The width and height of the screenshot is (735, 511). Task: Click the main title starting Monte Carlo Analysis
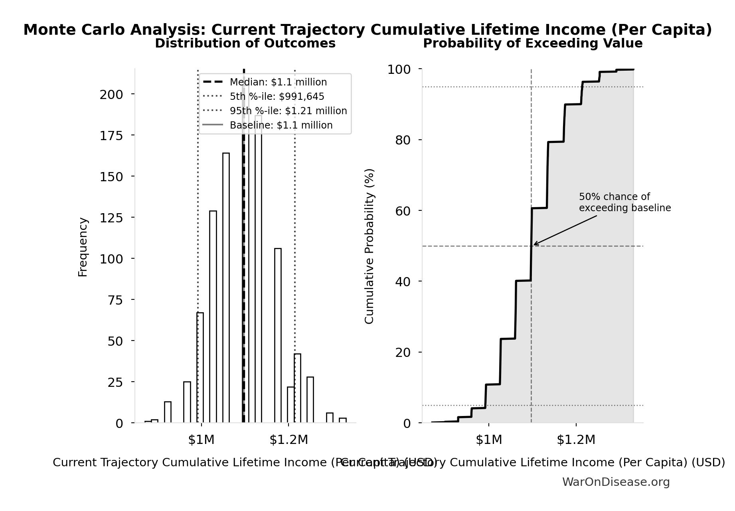[x=367, y=30]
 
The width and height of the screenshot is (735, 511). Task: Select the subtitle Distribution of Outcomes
[x=245, y=44]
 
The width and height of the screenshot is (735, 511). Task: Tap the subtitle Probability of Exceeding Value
[x=532, y=44]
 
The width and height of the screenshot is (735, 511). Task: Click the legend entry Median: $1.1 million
[x=278, y=82]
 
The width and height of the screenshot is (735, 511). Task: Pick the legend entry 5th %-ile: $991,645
[x=277, y=97]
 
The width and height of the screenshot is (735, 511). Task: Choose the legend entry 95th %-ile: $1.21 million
[x=288, y=111]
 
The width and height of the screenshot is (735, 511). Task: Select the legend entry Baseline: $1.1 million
[x=281, y=125]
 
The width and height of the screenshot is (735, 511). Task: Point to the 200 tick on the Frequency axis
[x=111, y=95]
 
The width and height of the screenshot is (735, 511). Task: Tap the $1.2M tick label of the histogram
[x=288, y=440]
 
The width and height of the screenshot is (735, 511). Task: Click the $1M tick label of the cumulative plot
[x=488, y=440]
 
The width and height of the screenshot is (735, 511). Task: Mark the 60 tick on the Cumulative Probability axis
[x=403, y=211]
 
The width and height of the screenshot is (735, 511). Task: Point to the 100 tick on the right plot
[x=399, y=69]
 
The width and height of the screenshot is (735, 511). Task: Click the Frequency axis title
[x=83, y=247]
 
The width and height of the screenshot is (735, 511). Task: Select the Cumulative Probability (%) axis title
[x=369, y=246]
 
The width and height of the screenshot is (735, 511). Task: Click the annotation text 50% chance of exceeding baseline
[x=624, y=202]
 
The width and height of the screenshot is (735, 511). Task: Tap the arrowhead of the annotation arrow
[x=535, y=244]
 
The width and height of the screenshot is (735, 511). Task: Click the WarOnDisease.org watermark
[x=616, y=482]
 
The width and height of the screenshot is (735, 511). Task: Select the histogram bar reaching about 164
[x=226, y=287]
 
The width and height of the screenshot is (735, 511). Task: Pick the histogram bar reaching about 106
[x=278, y=335]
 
